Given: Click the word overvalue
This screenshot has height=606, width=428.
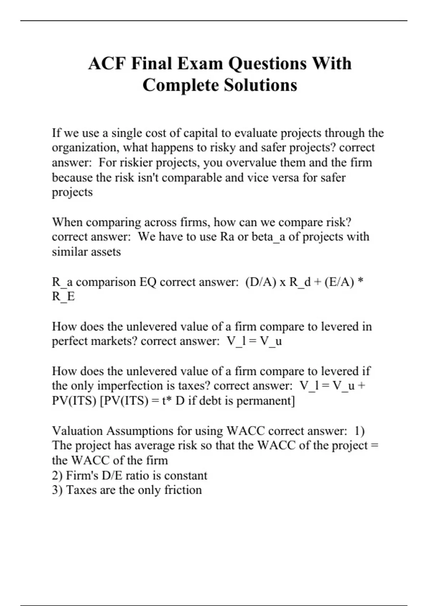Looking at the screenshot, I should tap(251, 163).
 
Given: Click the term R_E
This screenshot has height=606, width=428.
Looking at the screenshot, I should tap(63, 297).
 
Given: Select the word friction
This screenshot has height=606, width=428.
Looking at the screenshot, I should tap(183, 490).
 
